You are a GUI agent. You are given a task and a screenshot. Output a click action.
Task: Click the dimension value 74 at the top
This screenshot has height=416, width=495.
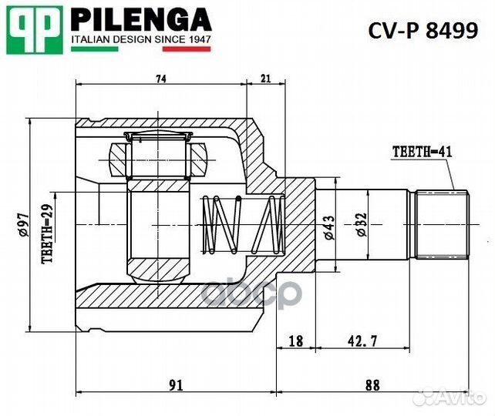click(x=161, y=79)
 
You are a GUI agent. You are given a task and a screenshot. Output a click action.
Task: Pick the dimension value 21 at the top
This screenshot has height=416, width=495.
click(x=265, y=79)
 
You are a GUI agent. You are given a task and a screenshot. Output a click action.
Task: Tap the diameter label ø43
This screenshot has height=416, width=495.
click(x=329, y=227)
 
